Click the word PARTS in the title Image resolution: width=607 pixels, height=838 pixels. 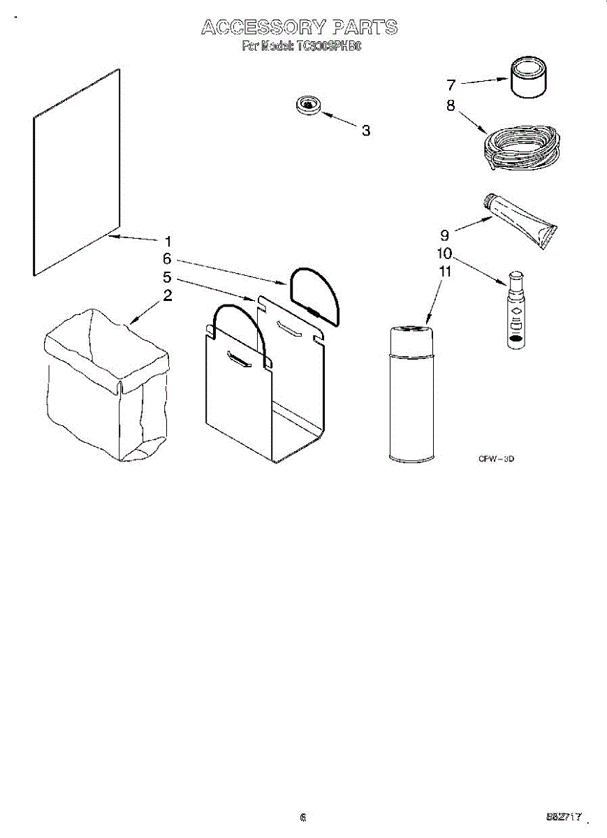pos(365,28)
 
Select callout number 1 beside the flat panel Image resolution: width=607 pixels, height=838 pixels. pos(168,241)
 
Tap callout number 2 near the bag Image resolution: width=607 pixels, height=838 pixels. pos(168,295)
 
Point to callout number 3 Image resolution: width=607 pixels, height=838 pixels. pos(365,131)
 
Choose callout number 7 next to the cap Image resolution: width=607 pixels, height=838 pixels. pos(451,85)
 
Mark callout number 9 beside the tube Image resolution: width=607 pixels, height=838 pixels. pos(444,234)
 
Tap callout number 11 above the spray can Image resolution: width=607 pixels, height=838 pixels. pos(444,271)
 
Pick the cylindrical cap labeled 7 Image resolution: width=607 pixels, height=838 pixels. pos(529,79)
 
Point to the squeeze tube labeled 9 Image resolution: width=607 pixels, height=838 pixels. pos(520,219)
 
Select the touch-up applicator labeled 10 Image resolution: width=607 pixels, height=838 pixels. pos(515,309)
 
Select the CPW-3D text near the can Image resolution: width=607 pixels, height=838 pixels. pos(496,459)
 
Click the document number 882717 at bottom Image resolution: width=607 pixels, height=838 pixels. pos(564,816)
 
